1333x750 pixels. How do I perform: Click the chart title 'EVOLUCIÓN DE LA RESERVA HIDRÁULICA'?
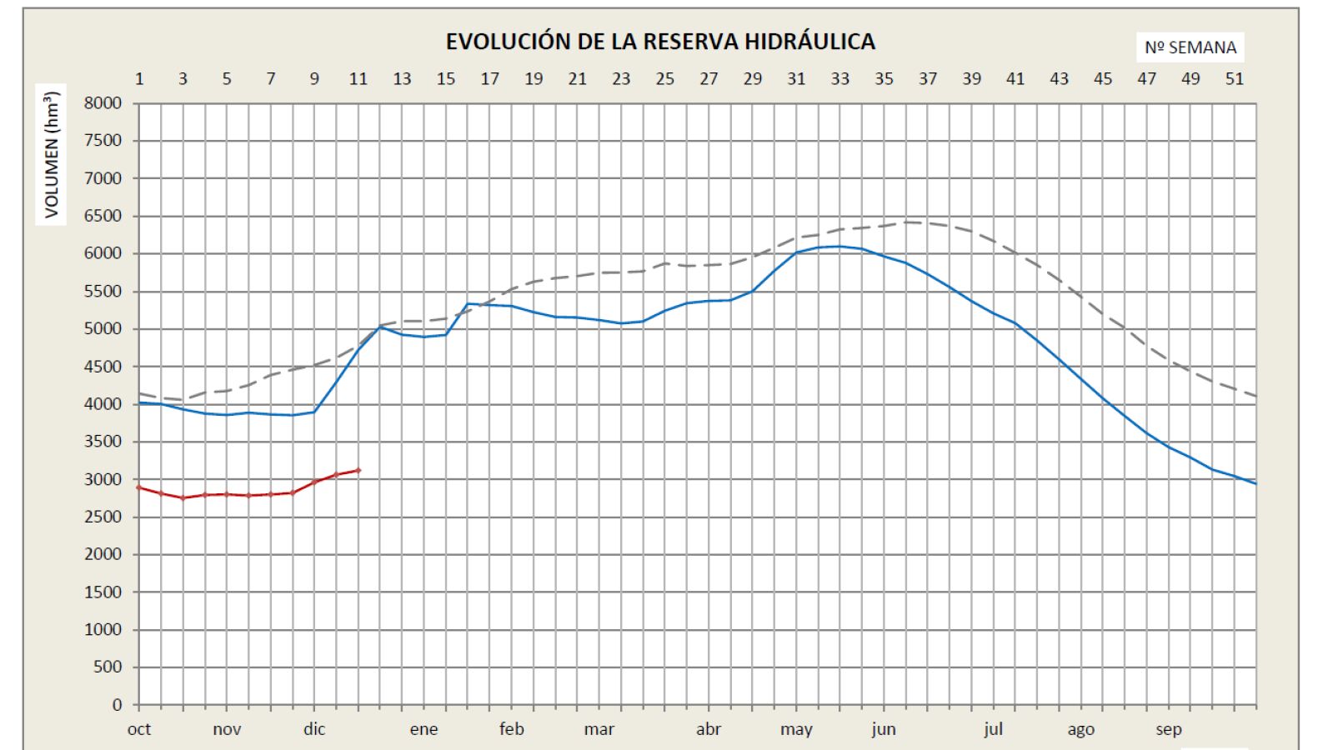660,42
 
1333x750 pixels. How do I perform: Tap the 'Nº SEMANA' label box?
1190,47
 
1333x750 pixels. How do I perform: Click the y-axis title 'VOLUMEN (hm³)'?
53,152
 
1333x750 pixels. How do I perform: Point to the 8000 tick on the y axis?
103,103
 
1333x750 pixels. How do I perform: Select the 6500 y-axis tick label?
103,216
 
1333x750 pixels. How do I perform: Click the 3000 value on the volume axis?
103,479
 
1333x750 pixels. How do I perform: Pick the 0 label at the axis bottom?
117,705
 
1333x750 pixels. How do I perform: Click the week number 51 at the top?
1234,79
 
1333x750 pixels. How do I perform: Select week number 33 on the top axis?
839,79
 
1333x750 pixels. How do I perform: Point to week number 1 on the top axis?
139,79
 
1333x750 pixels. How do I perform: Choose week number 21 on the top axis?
577,79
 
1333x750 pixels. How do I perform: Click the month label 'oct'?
139,729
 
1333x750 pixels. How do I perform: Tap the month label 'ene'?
423,729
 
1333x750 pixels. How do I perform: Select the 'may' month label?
796,729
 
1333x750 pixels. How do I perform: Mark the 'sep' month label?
1168,729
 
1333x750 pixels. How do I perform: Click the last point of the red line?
358,470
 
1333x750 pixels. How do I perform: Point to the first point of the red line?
139,487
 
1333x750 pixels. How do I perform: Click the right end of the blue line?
1255,483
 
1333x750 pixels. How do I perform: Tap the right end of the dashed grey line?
1255,396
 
